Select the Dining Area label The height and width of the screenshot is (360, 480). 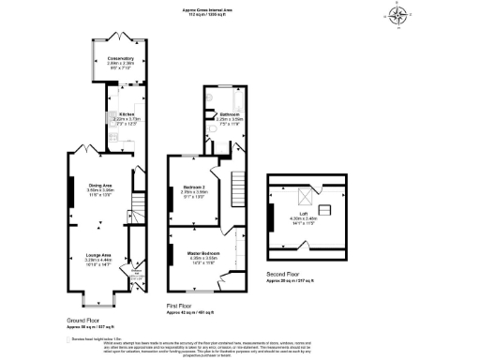[x=100, y=185]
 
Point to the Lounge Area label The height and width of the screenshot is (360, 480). [x=98, y=255]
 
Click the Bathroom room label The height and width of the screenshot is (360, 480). [x=230, y=114]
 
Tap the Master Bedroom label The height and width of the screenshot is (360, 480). [x=202, y=254]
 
